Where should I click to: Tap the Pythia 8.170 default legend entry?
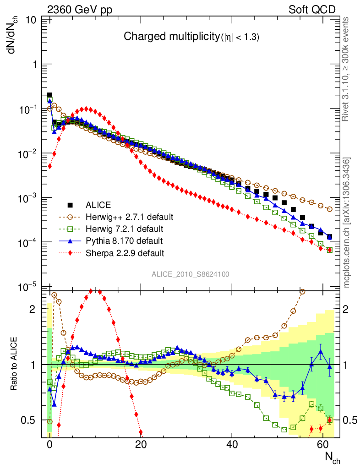pos(123,240)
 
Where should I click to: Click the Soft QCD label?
pos(312,9)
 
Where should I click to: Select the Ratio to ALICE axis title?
pos(14,365)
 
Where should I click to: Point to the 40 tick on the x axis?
pos(232,444)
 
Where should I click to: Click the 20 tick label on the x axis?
pos(141,444)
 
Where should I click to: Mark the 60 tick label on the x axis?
pos(323,444)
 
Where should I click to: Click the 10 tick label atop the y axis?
pos(31,20)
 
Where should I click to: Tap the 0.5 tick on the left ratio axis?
pos(30,420)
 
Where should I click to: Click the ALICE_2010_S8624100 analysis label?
pos(191,274)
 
